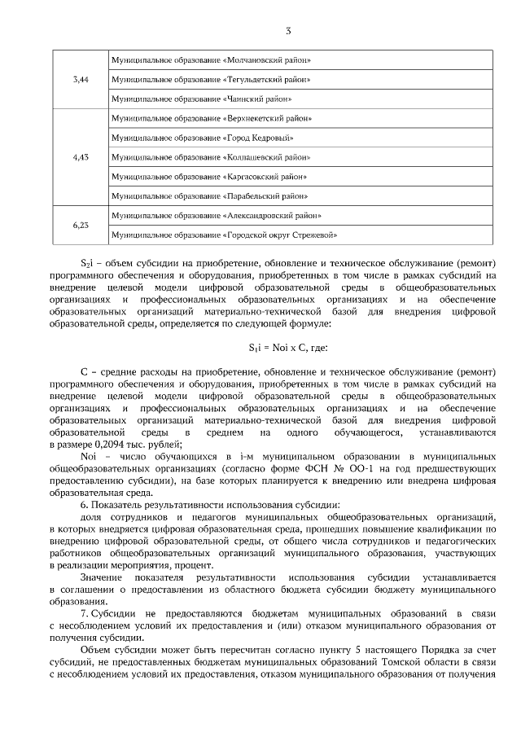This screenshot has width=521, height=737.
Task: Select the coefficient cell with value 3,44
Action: click(x=81, y=79)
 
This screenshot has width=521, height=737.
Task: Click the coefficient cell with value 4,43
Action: click(x=81, y=156)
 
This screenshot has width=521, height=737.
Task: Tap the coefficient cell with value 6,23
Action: click(x=81, y=225)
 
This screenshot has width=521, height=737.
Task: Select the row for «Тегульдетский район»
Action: click(x=211, y=79)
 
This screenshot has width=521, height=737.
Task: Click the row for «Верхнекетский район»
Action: click(x=211, y=118)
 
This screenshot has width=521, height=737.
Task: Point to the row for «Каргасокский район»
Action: click(x=208, y=176)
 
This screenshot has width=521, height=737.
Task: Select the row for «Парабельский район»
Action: click(x=209, y=195)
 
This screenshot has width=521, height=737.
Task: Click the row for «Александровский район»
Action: click(x=216, y=215)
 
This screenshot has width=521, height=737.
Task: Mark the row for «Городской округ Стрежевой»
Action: click(x=224, y=235)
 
